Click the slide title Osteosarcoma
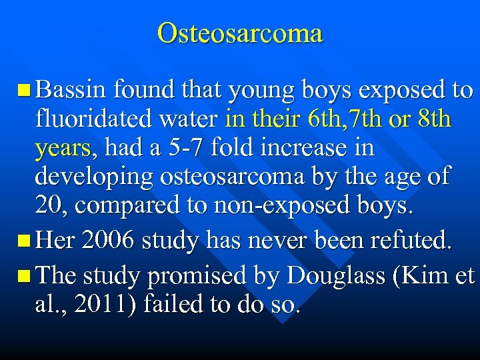[x=240, y=32]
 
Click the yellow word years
[x=61, y=149]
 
